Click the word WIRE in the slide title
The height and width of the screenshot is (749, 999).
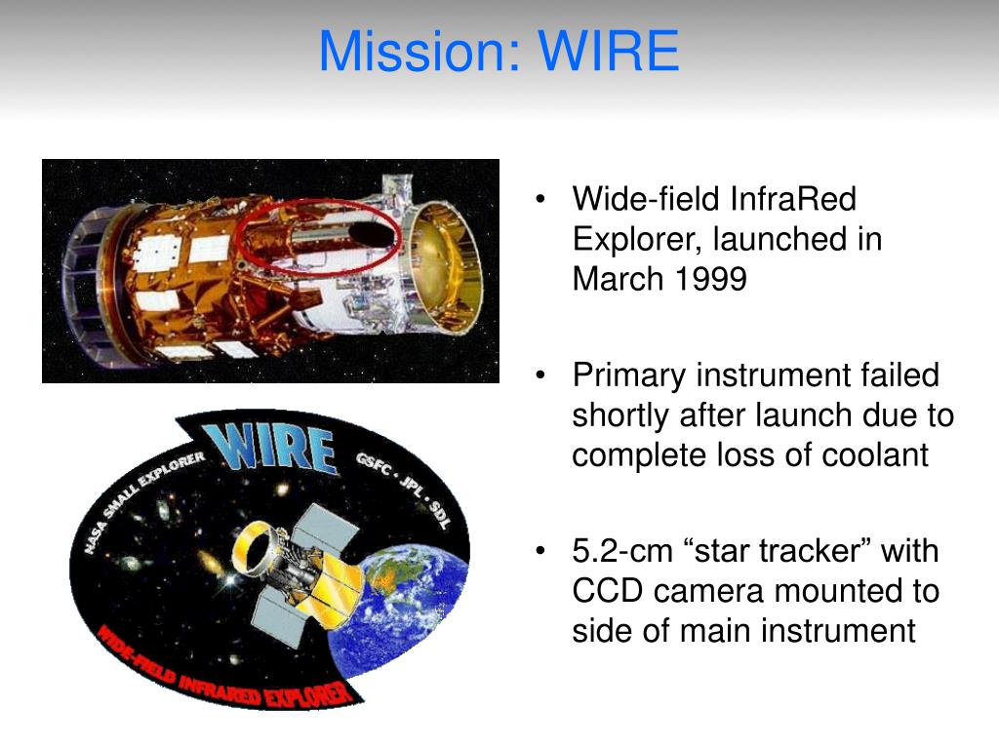click(609, 51)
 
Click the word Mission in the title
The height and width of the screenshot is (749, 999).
click(420, 51)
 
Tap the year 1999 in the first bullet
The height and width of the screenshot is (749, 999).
click(710, 278)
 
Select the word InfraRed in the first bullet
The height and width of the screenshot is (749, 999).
click(793, 199)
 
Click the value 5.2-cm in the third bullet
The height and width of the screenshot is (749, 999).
click(622, 551)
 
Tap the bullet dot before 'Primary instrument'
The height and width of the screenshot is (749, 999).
click(540, 375)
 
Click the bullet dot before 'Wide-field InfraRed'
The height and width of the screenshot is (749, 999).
click(540, 199)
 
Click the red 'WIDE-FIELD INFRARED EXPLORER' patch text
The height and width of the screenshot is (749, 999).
click(224, 672)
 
